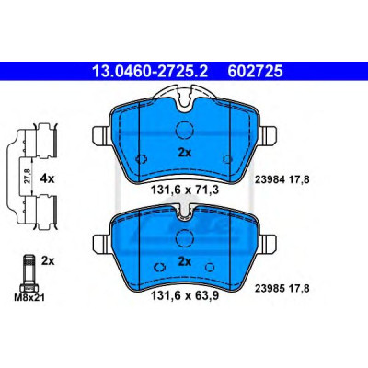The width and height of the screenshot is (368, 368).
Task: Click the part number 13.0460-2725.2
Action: [150, 72]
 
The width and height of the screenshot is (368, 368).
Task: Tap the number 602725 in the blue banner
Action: [255, 72]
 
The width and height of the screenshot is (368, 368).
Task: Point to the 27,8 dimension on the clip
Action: [27, 177]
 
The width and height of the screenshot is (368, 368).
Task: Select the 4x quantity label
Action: [47, 178]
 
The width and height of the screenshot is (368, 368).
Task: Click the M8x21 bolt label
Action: [29, 297]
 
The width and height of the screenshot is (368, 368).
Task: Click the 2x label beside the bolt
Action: [48, 261]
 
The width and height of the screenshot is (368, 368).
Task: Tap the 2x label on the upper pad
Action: [185, 153]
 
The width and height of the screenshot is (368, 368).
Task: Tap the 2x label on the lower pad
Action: [185, 261]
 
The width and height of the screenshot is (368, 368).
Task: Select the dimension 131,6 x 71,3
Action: [185, 190]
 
